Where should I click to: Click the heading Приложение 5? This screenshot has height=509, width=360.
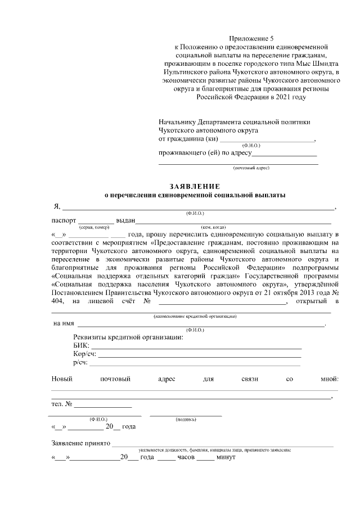(251, 38)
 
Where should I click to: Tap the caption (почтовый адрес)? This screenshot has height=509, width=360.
(251, 168)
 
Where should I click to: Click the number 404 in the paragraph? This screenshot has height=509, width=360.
(58, 302)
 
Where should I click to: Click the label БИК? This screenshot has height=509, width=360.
(81, 345)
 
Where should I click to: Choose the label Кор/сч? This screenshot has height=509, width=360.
(84, 354)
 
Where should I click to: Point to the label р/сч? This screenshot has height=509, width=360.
(80, 363)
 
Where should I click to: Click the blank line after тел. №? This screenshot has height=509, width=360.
(103, 404)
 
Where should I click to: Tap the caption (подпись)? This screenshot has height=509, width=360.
(186, 419)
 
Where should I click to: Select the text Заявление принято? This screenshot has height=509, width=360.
(80, 443)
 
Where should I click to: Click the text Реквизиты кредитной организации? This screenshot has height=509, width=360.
(128, 336)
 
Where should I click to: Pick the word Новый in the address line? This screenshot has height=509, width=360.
(62, 380)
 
